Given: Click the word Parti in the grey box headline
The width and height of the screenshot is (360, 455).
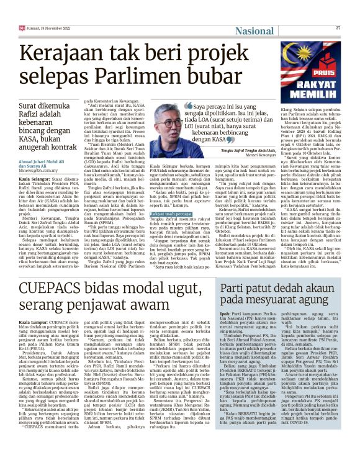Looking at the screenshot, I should [x=235, y=291].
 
